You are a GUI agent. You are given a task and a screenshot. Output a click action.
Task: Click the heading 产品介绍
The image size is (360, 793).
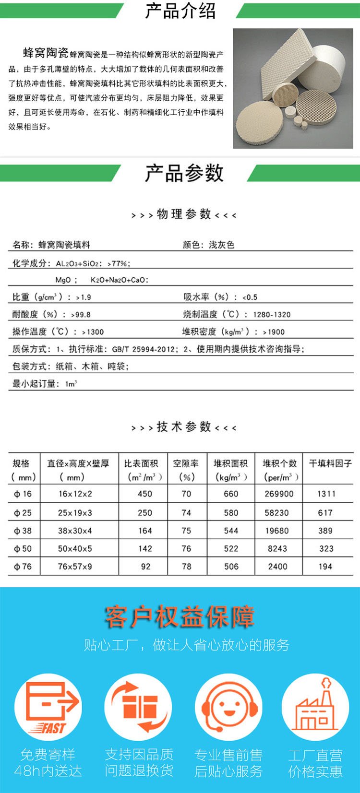tap(180, 11)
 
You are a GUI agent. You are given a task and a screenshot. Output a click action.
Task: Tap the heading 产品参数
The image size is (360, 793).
tap(184, 173)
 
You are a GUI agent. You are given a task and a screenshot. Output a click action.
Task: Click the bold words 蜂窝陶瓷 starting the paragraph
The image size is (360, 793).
tap(46, 53)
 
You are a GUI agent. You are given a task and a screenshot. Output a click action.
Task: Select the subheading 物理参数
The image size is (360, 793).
tap(184, 214)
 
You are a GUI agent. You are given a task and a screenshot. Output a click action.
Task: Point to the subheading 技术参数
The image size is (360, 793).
tap(184, 426)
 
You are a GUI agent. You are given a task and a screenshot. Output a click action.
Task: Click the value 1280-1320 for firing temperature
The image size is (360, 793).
tap(272, 315)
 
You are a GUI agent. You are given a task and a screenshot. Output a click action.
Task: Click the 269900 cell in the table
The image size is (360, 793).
tap(279, 494)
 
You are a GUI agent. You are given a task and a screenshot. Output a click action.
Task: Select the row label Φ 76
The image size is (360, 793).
tap(23, 567)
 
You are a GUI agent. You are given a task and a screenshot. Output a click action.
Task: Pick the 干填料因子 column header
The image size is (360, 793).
tap(330, 463)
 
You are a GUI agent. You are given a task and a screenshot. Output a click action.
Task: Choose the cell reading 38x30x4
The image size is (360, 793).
tap(75, 531)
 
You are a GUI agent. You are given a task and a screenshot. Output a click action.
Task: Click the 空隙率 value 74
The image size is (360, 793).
tap(186, 513)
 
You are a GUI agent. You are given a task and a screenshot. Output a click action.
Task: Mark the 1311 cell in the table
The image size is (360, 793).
tap(326, 494)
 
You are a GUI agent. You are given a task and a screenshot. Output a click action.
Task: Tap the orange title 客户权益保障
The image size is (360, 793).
tap(180, 617)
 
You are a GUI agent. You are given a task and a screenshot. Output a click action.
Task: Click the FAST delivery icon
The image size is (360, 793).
tap(48, 707)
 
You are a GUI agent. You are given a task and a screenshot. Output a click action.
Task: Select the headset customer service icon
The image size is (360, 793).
tap(228, 707)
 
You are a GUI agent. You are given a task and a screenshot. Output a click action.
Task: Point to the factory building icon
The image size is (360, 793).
tap(315, 707)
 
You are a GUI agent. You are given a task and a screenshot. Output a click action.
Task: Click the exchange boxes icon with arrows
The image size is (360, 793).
tap(138, 707)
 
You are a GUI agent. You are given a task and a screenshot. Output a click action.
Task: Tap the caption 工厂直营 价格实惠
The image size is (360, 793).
tap(315, 763)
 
